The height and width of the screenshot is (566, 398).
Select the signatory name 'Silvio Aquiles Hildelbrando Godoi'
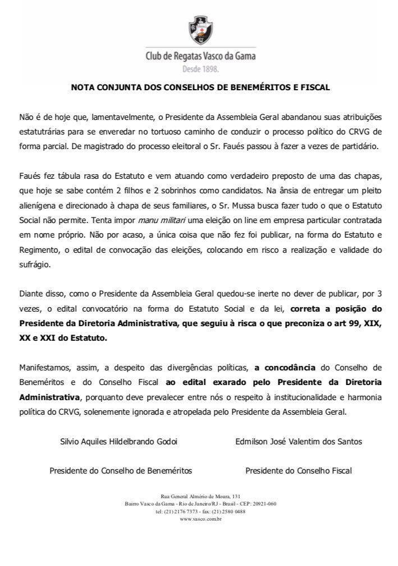pos(118,441)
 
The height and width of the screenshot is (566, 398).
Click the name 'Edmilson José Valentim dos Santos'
pos(299,441)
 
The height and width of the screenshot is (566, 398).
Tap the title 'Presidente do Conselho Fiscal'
pos(299,471)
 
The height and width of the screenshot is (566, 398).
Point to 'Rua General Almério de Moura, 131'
pos(200,497)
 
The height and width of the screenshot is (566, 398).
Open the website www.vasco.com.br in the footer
pos(200,519)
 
